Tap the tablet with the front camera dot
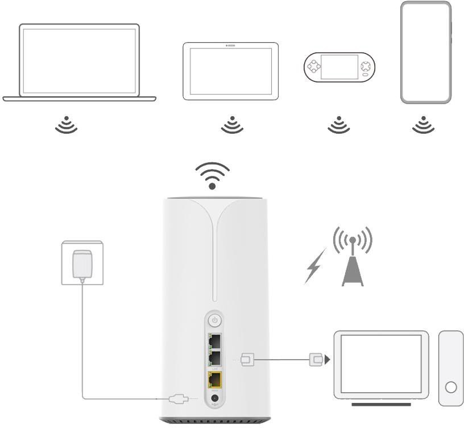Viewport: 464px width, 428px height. (x=230, y=71)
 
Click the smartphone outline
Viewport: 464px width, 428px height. (x=425, y=52)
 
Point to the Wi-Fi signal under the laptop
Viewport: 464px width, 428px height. (x=66, y=125)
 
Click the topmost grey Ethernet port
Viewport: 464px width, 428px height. (x=215, y=340)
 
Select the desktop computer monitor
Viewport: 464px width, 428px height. (x=380, y=364)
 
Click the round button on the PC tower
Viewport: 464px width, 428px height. (x=451, y=388)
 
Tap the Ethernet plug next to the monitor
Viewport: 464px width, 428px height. (x=316, y=359)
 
